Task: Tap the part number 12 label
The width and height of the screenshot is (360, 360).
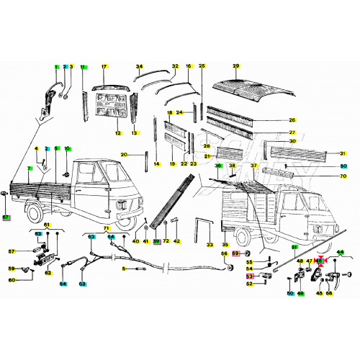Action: [x=118, y=133]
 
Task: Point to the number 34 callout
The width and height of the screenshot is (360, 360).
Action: [x=140, y=66]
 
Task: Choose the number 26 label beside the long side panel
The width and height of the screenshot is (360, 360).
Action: [x=292, y=120]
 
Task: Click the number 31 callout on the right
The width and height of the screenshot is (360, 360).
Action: [x=343, y=153]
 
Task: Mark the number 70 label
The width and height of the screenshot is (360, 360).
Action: [x=342, y=175]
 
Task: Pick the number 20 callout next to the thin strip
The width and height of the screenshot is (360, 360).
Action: [x=123, y=155]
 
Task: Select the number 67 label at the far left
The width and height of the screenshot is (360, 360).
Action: [x=6, y=217]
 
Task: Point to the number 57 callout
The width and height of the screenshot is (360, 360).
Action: [x=12, y=251]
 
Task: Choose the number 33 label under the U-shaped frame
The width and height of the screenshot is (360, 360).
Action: [x=210, y=246]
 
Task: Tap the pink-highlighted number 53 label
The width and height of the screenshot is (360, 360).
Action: [x=250, y=276]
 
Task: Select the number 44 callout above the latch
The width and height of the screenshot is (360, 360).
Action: [x=341, y=252]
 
